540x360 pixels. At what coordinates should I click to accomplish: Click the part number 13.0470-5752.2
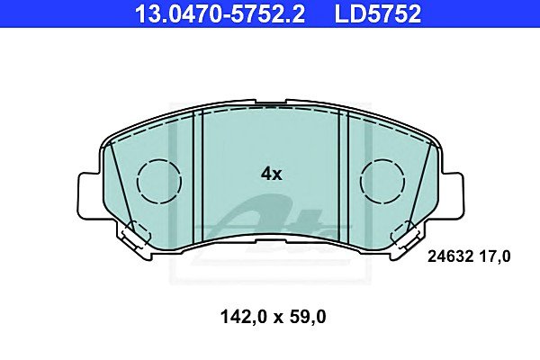point(220,14)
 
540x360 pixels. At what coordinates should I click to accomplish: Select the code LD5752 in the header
point(378,14)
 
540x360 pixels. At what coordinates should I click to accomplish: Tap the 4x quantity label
point(272,174)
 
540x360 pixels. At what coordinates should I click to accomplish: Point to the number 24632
point(450,256)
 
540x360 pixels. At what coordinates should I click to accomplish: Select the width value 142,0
point(244,317)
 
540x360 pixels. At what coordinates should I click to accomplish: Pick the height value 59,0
point(308,317)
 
